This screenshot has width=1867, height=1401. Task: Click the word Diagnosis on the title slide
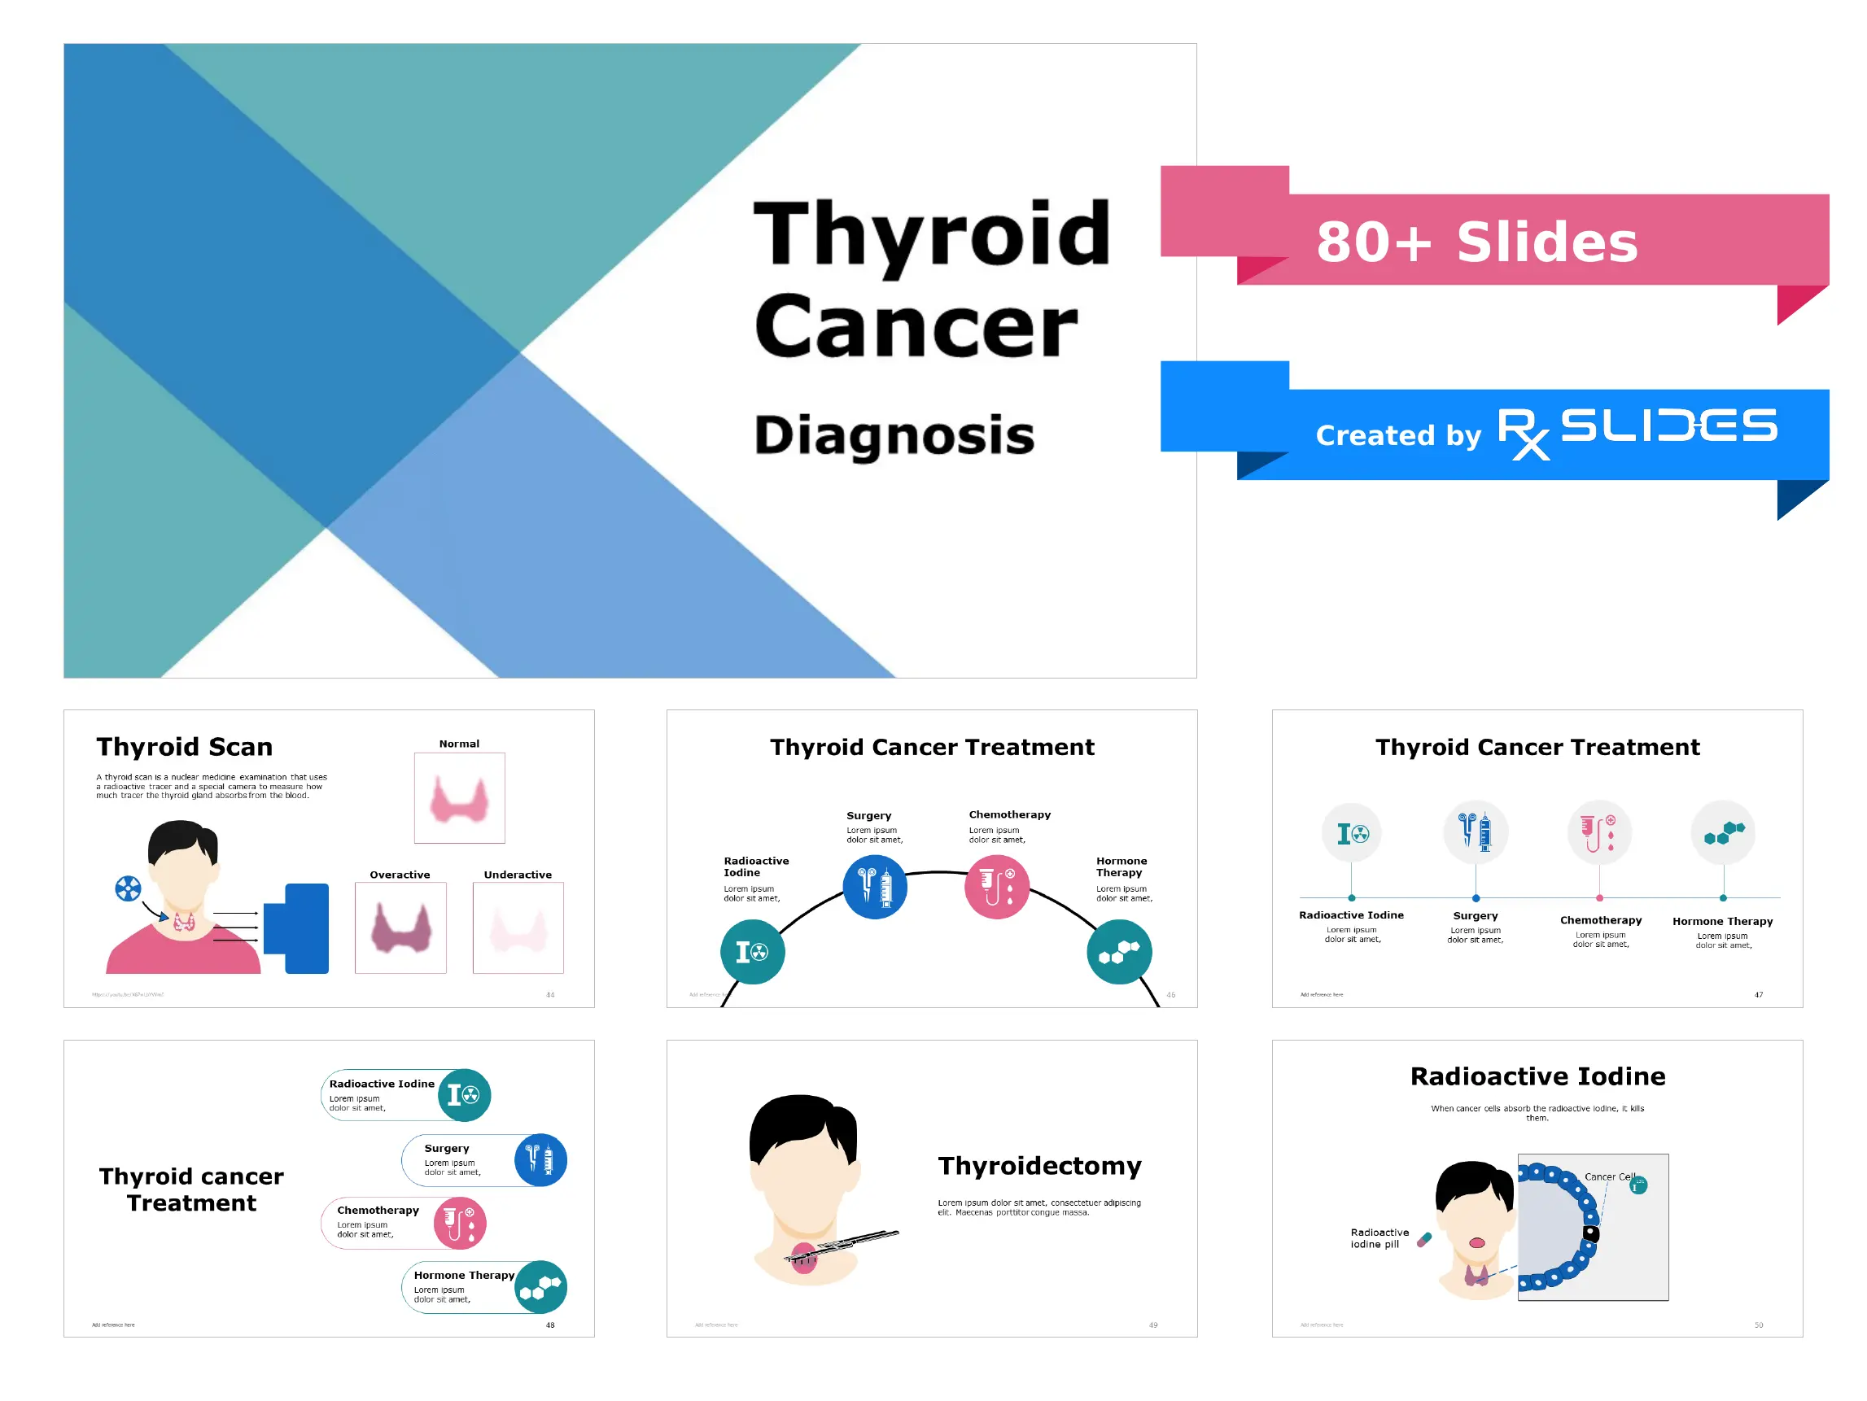894,435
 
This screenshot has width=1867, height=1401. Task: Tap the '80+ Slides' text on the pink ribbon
1476,242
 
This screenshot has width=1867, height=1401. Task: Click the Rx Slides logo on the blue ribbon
1637,431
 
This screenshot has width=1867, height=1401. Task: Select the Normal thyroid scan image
459,798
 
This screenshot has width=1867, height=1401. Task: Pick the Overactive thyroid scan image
400,928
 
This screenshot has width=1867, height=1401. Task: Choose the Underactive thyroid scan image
518,928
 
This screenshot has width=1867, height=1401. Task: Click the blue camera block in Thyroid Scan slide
297,928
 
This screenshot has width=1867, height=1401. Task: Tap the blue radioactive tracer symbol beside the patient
128,888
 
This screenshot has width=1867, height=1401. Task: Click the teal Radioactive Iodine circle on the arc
752,952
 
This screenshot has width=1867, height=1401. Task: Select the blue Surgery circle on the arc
875,887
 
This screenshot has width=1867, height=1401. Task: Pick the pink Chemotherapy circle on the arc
997,887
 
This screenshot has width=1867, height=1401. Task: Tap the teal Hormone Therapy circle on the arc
1119,952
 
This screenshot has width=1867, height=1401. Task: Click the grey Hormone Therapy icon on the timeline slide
1723,833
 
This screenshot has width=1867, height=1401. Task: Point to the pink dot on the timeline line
1599,898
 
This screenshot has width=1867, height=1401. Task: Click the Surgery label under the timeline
1476,916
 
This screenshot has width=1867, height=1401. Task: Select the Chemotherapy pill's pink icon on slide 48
460,1223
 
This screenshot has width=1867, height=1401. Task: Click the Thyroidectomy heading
1039,1166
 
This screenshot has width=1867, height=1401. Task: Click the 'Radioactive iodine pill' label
1379,1238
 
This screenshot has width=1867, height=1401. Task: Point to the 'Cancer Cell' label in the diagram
1609,1176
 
